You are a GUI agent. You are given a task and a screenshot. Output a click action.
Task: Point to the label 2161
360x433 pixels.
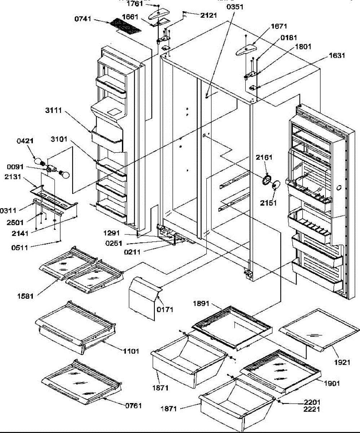tap(264, 157)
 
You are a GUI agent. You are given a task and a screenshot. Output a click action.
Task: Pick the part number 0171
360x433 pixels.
tap(165, 309)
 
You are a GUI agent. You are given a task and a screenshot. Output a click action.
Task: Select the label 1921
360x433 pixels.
tap(341, 362)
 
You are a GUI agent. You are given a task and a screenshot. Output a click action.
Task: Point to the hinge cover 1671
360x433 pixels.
tap(246, 49)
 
